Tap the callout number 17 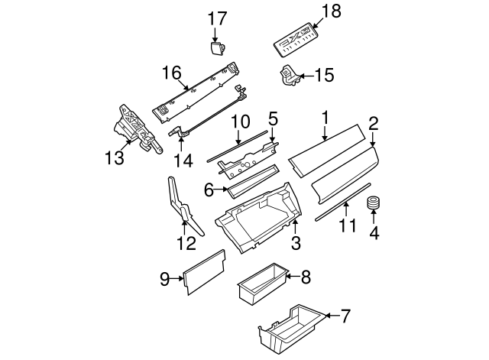(x=218, y=18)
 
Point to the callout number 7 (x=345, y=315)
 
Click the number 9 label (x=164, y=280)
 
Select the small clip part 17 (x=217, y=48)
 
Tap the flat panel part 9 (x=204, y=272)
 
